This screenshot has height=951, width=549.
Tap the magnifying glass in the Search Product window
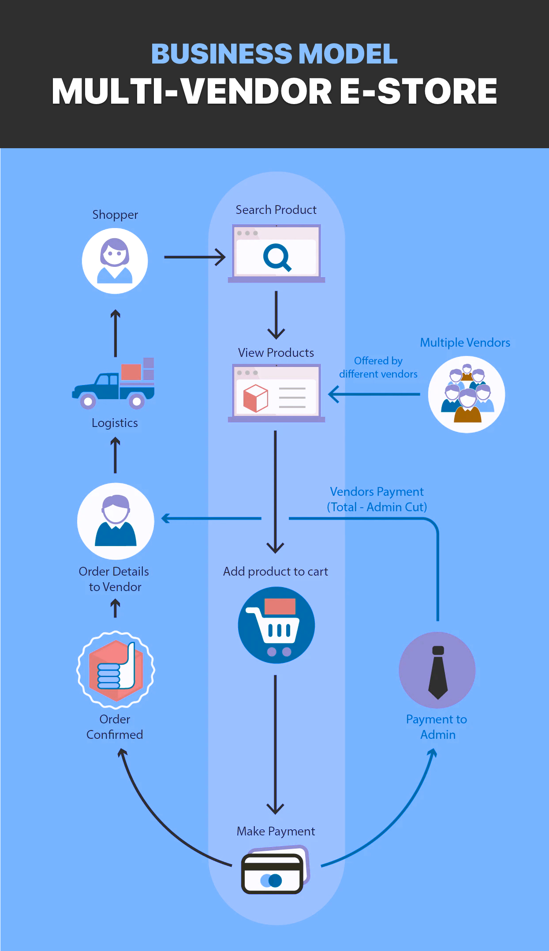276,257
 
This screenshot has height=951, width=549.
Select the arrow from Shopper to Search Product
194,257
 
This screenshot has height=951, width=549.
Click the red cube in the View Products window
255,398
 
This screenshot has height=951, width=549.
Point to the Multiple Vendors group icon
467,394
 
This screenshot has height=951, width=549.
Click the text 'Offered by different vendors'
378,367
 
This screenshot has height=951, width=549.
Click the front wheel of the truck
88,401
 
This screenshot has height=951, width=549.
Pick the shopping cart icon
276,625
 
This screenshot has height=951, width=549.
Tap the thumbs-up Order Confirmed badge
116,670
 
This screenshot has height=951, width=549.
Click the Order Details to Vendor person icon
116,521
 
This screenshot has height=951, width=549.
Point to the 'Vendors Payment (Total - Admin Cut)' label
377,499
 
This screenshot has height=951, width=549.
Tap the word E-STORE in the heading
418,91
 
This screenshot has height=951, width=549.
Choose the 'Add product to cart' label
275,572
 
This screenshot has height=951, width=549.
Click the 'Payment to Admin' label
437,727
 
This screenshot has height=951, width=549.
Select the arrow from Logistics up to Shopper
116,333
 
